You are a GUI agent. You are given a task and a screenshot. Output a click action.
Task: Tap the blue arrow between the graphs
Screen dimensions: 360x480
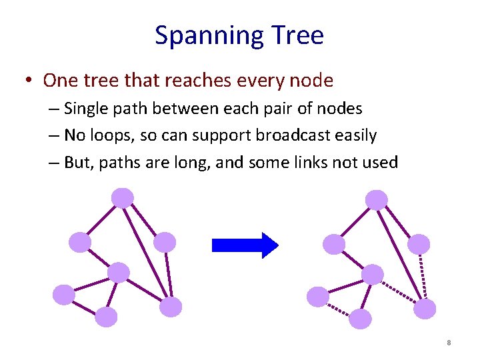(x=244, y=245)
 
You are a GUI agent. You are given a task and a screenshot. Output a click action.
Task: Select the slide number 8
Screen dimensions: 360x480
(x=449, y=343)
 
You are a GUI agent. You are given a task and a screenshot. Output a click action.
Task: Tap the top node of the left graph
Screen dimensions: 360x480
(x=122, y=197)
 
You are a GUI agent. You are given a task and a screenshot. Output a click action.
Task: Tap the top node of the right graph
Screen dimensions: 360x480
(x=377, y=199)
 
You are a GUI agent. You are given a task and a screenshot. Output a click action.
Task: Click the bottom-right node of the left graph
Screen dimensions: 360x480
(x=171, y=306)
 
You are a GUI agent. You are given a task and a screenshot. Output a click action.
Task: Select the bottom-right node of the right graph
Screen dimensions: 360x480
(x=425, y=309)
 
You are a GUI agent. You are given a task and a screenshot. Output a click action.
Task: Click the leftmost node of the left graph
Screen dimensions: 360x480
(x=63, y=294)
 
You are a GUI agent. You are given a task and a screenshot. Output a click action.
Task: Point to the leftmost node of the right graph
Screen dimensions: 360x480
(x=318, y=296)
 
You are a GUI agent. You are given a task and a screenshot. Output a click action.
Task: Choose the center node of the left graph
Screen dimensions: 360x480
(x=118, y=272)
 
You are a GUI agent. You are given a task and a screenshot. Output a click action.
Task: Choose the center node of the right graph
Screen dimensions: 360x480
(x=373, y=274)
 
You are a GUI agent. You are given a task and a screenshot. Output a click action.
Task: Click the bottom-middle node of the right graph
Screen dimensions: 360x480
(x=360, y=319)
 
